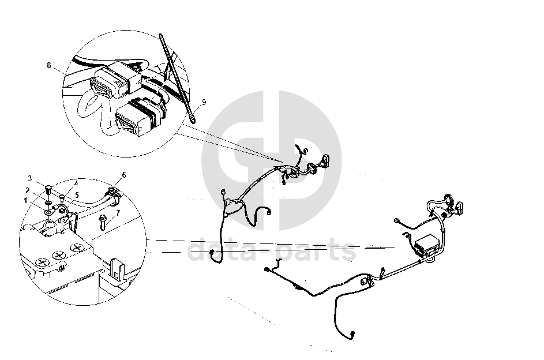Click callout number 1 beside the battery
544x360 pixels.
tap(25, 201)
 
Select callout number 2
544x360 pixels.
tap(27, 190)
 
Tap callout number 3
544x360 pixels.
tap(30, 179)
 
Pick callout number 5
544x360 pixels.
tap(77, 195)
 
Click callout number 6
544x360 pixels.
tap(124, 175)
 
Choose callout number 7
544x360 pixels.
tap(118, 213)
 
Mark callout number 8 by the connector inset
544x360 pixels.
tap(49, 65)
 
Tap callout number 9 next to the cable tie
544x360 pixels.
tap(204, 102)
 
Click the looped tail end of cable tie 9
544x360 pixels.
tap(193, 119)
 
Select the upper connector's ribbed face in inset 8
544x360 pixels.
tap(100, 87)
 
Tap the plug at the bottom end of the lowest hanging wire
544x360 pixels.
tap(353, 335)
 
